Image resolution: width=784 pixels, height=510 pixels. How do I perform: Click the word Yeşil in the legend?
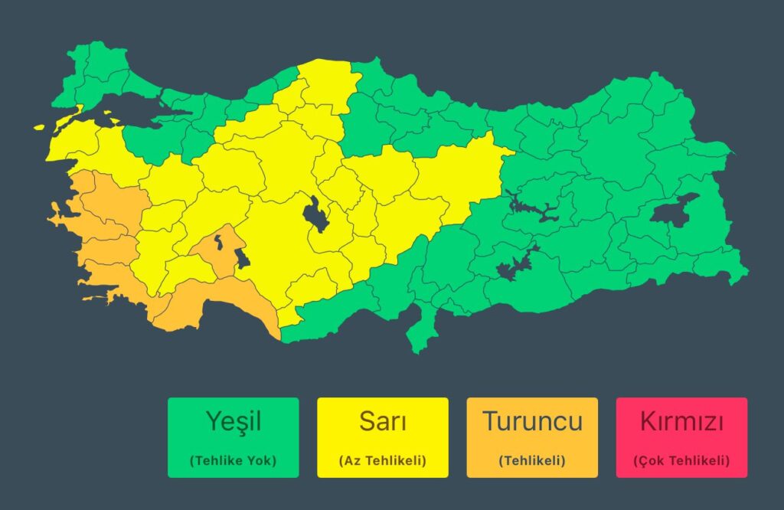click(x=234, y=421)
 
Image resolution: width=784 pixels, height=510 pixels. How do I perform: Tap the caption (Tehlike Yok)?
click(x=234, y=461)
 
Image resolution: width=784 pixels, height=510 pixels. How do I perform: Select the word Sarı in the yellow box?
click(x=382, y=421)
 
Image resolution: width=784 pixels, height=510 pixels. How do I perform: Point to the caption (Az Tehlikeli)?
click(x=382, y=461)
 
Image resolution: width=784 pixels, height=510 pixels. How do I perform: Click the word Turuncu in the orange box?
click(x=532, y=421)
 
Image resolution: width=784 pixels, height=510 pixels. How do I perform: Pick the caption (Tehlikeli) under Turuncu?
click(x=532, y=461)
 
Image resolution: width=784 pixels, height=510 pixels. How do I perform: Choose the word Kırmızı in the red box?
click(x=681, y=421)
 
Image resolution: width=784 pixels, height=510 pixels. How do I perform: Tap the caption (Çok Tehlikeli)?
click(x=681, y=461)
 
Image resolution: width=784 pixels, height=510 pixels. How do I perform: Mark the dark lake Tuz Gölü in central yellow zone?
click(x=313, y=214)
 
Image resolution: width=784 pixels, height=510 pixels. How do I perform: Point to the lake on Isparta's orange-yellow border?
click(x=241, y=259)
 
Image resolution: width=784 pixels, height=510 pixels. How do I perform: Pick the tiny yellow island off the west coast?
click(x=38, y=127)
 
